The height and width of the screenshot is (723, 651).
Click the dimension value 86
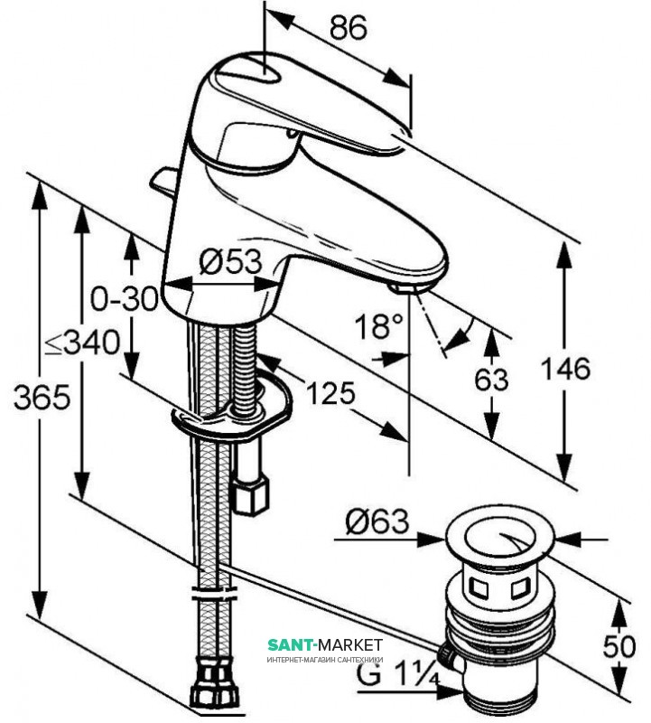[348, 29]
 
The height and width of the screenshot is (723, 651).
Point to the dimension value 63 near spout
[492, 380]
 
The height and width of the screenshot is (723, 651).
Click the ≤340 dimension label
[83, 343]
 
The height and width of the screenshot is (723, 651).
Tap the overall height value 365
[37, 398]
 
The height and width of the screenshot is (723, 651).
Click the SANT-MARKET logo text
[325, 644]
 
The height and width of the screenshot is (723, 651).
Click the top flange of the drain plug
[501, 539]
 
